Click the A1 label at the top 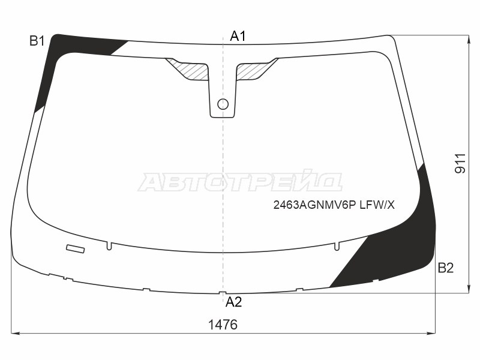pos(238,36)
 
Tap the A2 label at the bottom pos(233,302)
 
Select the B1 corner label pos(37,41)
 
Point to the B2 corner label pos(445,268)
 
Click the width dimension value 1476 pos(223,325)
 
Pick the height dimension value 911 pos(460,164)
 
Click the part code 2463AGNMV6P pos(314,205)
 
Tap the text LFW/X pos(377,205)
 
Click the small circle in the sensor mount pos(223,104)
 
